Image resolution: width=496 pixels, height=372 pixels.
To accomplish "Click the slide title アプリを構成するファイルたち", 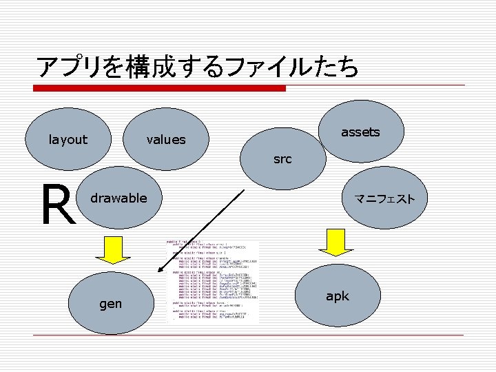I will coord(198,67).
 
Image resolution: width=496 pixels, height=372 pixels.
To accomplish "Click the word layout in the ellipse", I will coord(68,140).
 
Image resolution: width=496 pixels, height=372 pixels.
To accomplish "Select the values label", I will coord(166,140).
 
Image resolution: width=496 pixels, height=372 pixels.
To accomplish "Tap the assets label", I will coord(360,132).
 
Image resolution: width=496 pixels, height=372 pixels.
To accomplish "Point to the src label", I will coord(282,159).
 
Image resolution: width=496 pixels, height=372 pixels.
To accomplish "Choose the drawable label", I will coord(119,198).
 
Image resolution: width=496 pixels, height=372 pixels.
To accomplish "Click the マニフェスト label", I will coord(384,199).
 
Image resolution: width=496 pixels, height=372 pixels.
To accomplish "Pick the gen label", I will coord(111,303).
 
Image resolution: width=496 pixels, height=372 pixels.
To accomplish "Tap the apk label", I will coord(338,296).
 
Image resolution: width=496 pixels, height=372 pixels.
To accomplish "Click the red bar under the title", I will coord(161,88).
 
